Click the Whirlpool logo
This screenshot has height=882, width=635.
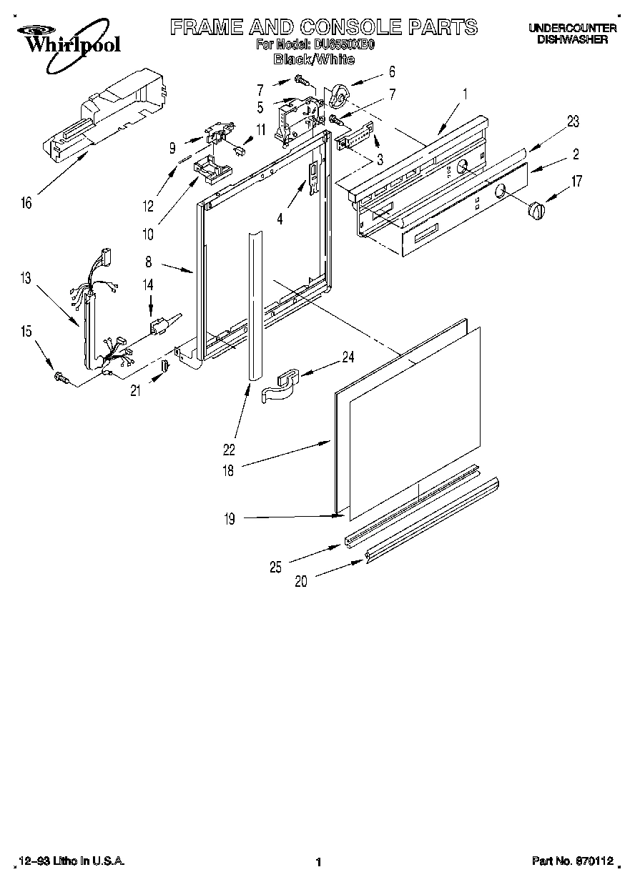click(69, 40)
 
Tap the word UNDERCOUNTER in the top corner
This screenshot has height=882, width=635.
click(572, 29)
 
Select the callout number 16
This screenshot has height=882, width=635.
click(26, 204)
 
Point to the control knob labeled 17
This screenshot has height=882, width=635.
click(536, 211)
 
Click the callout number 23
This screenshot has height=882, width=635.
click(572, 122)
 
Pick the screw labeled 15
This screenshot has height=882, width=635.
click(61, 377)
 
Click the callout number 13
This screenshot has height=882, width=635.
click(26, 279)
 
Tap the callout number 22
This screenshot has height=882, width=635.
click(229, 450)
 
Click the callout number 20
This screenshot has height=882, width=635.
click(301, 582)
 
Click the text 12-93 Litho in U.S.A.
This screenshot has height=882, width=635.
click(71, 862)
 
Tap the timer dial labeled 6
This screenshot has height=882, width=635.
click(339, 94)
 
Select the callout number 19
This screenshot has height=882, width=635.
click(229, 520)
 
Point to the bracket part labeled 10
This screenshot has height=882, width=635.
click(212, 169)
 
